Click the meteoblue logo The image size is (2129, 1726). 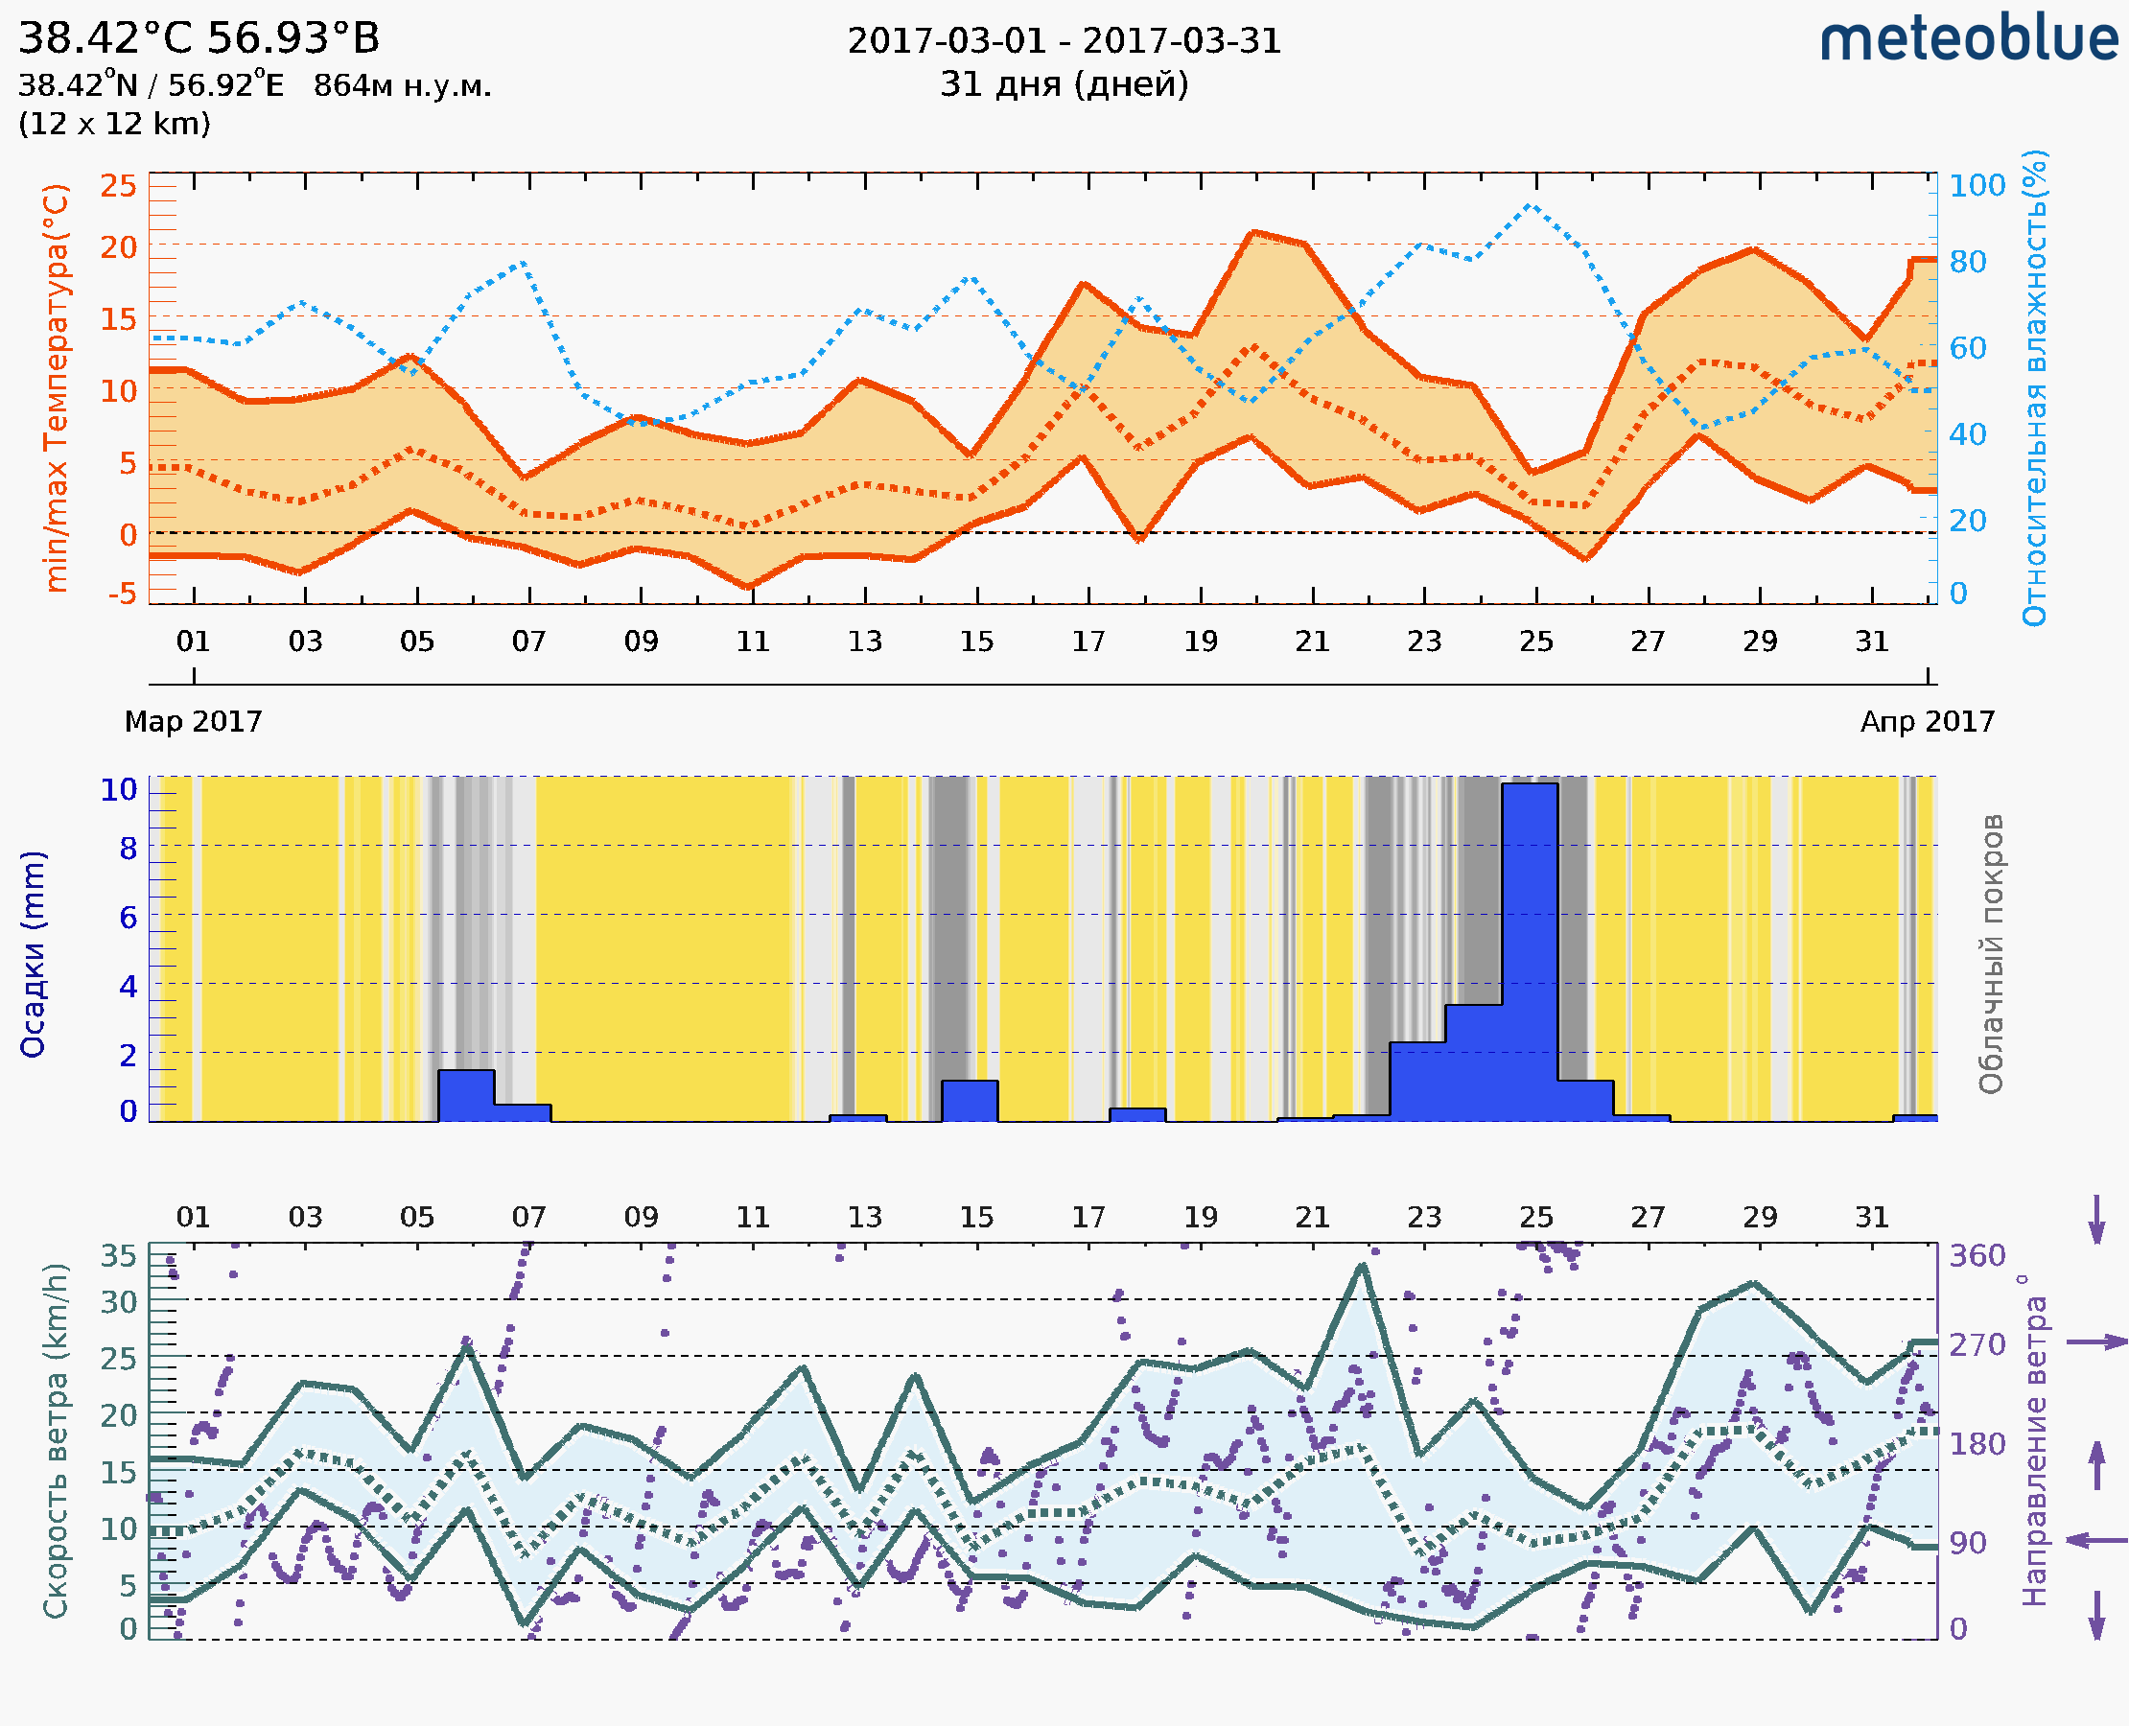[1969, 39]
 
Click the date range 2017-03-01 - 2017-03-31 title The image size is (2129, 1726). [1064, 41]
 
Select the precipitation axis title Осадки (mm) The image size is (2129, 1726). [33, 954]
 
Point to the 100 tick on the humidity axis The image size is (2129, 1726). [1977, 186]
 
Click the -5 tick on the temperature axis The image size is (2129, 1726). [123, 594]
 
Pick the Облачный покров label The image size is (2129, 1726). [1991, 954]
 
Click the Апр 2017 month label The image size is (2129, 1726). [1928, 721]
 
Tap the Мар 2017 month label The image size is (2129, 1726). [193, 721]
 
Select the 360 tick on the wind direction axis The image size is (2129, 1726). [1977, 1256]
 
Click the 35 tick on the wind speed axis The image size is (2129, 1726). [118, 1256]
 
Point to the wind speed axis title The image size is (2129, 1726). [56, 1440]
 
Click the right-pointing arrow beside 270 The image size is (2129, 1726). [2096, 1342]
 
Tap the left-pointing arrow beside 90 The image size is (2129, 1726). [2096, 1540]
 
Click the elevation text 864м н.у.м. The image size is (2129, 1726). [402, 86]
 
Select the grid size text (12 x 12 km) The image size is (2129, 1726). [114, 125]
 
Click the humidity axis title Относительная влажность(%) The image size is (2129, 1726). [2034, 387]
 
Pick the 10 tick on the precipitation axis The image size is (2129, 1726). [118, 790]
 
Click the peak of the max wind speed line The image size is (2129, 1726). [1362, 1266]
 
